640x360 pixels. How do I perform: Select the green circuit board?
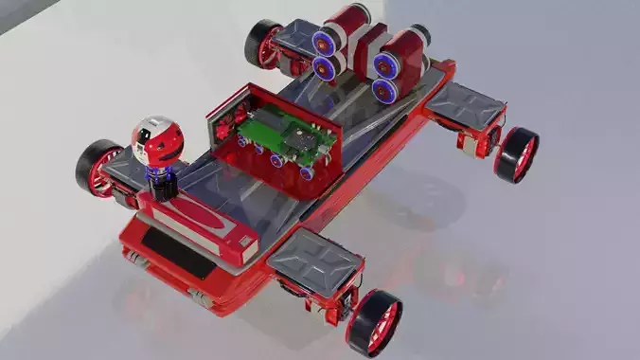pyautogui.click(x=285, y=135)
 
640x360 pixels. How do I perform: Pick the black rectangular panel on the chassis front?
pyautogui.click(x=175, y=254)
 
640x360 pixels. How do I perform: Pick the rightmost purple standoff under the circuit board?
pyautogui.click(x=310, y=172)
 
